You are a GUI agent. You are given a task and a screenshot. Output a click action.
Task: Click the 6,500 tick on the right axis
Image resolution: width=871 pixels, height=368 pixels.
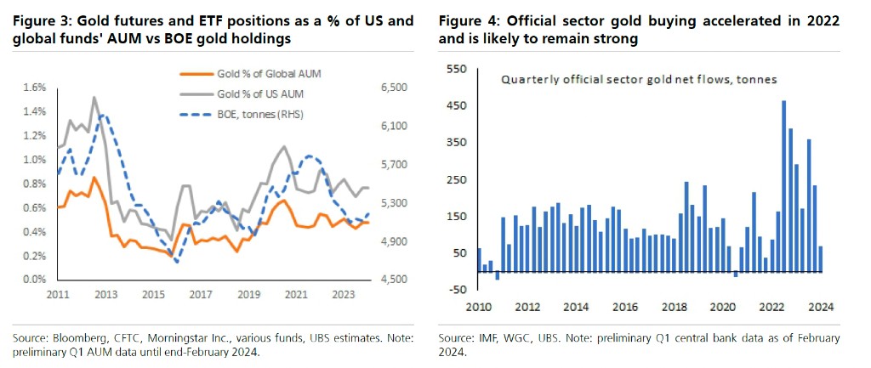point(388,88)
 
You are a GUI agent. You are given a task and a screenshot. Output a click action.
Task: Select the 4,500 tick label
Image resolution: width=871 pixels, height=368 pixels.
point(388,280)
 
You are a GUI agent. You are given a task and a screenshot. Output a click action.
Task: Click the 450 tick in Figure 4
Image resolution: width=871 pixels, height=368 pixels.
point(459,106)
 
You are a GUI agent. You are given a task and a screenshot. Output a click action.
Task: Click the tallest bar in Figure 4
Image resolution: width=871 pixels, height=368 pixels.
point(783,186)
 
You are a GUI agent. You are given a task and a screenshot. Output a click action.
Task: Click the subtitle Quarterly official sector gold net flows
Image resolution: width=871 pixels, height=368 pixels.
point(628,79)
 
